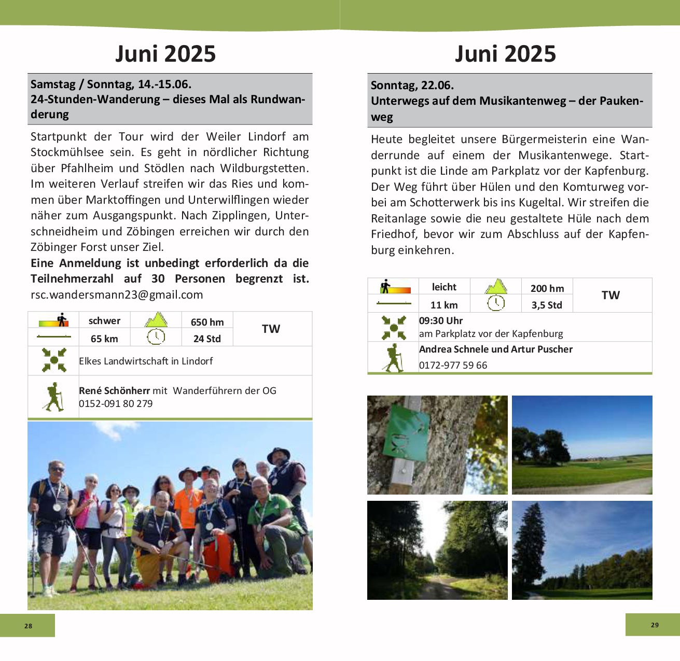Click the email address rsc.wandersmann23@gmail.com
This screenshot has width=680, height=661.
(x=117, y=295)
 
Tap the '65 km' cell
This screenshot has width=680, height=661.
(x=104, y=339)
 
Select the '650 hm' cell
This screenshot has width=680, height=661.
(x=207, y=322)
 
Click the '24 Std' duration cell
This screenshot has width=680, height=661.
(x=207, y=339)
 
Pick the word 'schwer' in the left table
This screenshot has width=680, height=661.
(x=104, y=321)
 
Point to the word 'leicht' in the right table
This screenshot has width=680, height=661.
(x=444, y=287)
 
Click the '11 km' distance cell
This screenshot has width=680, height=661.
(x=444, y=305)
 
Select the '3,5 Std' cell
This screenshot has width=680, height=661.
(x=547, y=305)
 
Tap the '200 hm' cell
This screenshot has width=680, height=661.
(x=547, y=288)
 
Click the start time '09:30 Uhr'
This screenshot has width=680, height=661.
(x=441, y=321)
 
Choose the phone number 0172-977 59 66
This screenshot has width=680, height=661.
(x=453, y=365)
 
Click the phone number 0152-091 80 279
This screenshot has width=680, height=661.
(x=116, y=404)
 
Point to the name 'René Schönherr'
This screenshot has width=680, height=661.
(x=114, y=391)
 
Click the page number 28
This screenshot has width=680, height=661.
(x=28, y=626)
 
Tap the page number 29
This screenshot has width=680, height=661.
(x=655, y=625)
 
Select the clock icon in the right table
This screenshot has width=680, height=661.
(x=496, y=303)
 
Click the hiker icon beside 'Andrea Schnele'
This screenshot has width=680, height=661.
(x=393, y=358)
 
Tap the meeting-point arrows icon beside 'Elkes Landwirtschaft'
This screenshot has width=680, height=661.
(x=54, y=360)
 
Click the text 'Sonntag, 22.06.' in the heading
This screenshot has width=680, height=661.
(x=412, y=86)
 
